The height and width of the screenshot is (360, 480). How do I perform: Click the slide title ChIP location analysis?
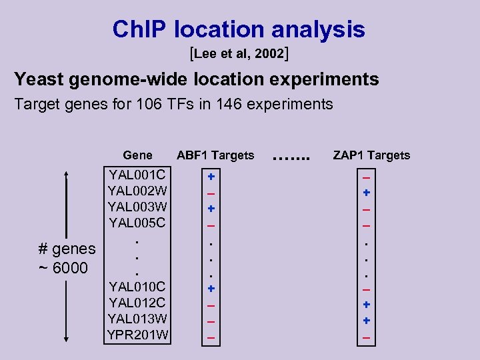(x=239, y=29)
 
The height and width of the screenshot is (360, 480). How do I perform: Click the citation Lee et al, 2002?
(x=239, y=53)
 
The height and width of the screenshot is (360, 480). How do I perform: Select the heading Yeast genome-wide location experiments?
(x=197, y=79)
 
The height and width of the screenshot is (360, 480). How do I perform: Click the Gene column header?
(x=138, y=155)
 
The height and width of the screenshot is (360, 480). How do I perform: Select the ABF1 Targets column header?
(x=215, y=155)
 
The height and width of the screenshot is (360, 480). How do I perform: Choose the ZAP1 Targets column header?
(x=371, y=155)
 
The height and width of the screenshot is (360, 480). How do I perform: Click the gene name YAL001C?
(x=138, y=175)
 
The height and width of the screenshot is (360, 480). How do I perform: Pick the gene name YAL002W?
(x=138, y=191)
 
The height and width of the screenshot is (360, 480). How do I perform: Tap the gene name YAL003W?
(x=138, y=207)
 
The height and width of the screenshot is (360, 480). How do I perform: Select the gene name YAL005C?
(x=138, y=223)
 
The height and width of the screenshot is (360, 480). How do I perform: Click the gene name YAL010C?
(x=138, y=287)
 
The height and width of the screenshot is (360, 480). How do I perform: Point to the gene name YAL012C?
(x=138, y=303)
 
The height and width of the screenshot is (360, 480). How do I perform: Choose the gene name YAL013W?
(x=138, y=319)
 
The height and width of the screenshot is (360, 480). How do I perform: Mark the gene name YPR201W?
(x=138, y=334)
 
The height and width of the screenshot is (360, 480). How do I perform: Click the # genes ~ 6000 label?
(x=67, y=258)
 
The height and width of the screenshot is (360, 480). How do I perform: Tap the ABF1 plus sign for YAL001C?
(x=211, y=177)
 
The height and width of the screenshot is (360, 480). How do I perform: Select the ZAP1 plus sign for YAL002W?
(x=366, y=193)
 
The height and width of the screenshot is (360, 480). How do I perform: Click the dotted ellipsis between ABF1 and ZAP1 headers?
(x=293, y=158)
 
